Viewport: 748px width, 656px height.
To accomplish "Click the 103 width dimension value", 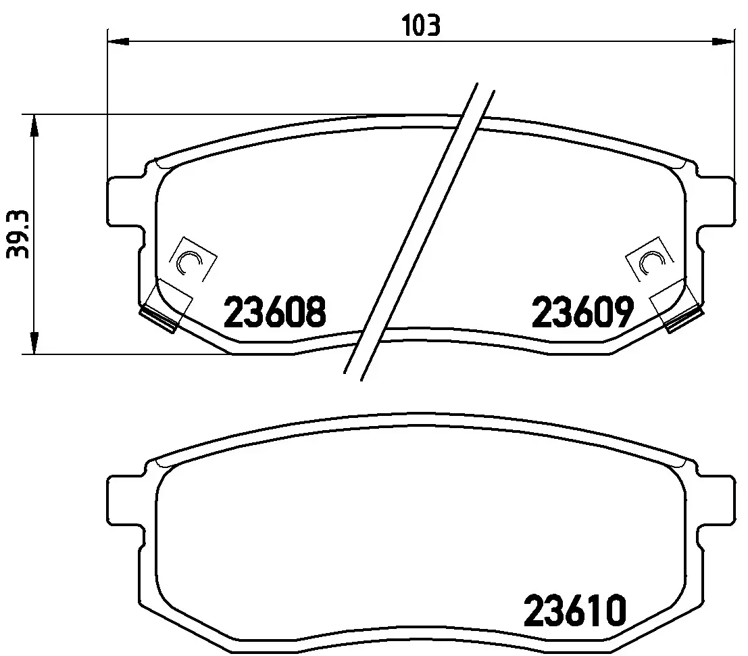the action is click(x=421, y=26).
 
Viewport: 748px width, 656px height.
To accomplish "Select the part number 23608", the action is click(x=275, y=312).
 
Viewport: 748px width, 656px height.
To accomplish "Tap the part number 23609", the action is click(x=583, y=312).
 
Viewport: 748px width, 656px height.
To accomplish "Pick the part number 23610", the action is click(x=575, y=611).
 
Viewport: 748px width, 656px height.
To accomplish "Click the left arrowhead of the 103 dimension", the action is click(x=119, y=41).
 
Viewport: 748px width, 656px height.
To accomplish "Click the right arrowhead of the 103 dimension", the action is click(x=723, y=41).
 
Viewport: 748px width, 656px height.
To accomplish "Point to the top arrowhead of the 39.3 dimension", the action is click(x=33, y=125).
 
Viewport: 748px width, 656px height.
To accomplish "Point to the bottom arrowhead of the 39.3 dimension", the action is click(x=33, y=344).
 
